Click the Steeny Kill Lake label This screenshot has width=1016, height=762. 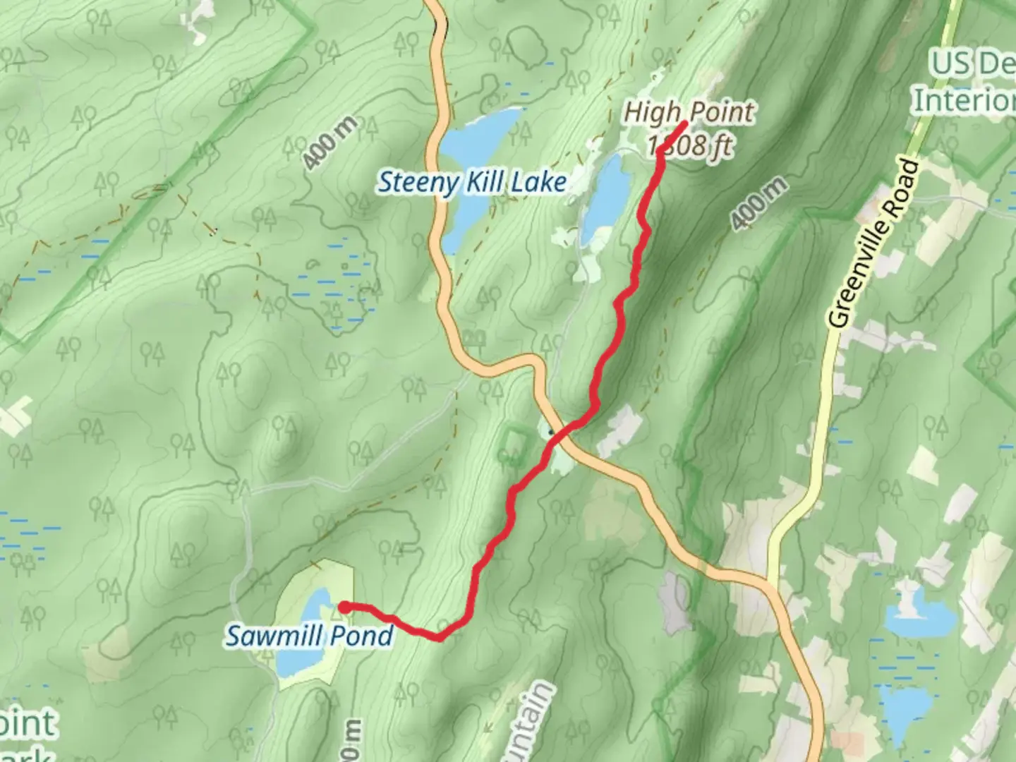pos(472,183)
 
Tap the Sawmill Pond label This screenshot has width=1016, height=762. pos(309,636)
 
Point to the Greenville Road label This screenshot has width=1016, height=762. pos(875,243)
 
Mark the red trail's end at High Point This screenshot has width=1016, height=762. pos(684,125)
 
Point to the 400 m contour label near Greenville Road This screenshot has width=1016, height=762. pos(758,203)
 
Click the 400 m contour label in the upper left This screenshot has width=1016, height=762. pos(330,143)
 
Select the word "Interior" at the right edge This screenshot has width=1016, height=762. pos(965,100)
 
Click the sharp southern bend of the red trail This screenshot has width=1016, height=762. pos(440,637)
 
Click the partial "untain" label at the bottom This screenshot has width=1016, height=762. pos(529,723)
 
